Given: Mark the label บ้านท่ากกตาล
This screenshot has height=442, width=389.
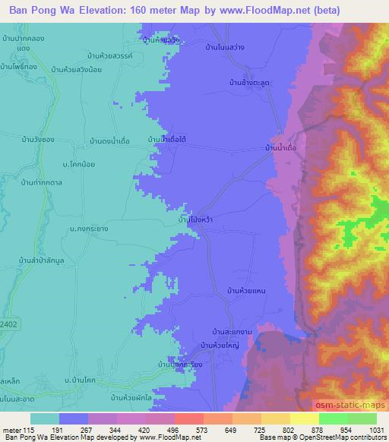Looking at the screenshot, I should pos(41,182).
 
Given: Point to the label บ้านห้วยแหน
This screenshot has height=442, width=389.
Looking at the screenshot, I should pos(251,290).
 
